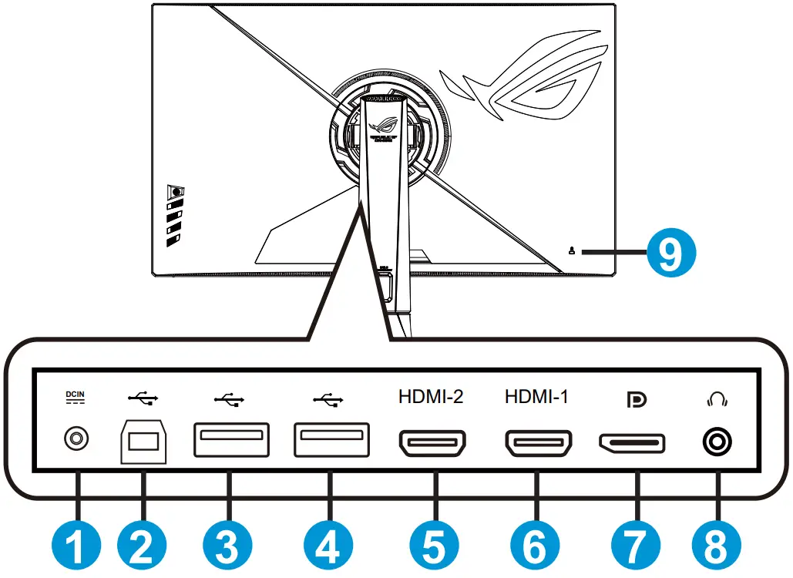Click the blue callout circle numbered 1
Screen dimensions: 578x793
76,548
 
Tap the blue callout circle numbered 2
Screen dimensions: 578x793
142,548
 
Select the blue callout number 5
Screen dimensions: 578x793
435,548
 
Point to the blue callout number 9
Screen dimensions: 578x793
671,252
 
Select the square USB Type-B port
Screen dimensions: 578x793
143,442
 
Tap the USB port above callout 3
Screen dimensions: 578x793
230,442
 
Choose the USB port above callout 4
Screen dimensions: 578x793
330,442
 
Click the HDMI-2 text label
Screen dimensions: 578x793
431,398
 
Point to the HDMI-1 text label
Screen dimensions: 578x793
536,398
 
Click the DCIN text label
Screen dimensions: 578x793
76,396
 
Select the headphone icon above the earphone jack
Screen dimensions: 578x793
717,399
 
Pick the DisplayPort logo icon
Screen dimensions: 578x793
637,399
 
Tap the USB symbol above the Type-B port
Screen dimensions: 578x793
143,398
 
